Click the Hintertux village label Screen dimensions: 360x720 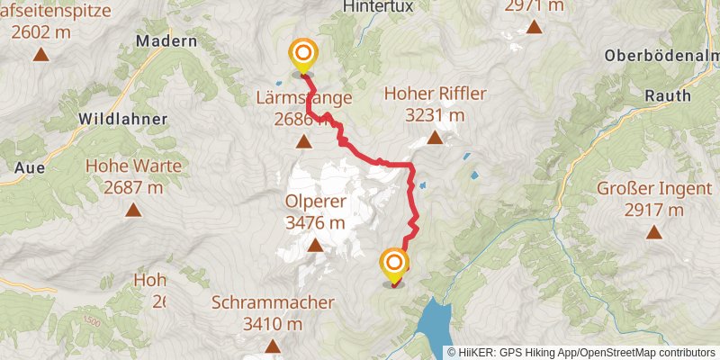tap(378, 5)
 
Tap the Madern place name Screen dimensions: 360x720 tap(166, 41)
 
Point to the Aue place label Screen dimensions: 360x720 tap(30, 166)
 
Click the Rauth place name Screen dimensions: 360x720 tap(668, 95)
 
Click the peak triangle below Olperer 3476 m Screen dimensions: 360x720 tap(315, 245)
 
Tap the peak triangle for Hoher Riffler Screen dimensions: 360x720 tap(435, 138)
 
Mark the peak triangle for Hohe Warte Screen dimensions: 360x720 tap(133, 211)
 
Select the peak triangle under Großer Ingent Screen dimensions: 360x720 tap(653, 232)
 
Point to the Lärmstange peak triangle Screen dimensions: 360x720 tap(304, 141)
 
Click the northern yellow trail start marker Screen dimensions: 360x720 tap(302, 54)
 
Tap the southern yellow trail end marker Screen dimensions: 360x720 tap(394, 264)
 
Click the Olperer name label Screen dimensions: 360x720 tap(315, 201)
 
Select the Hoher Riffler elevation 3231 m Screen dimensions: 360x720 tap(435, 115)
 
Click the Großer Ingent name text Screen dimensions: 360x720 tap(640, 189)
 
